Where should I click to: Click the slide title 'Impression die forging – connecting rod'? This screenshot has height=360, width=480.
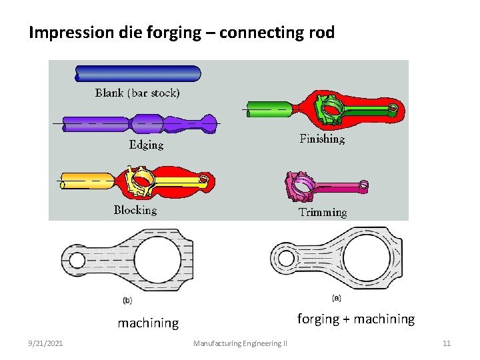[181, 32]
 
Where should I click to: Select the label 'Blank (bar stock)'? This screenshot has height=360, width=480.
[137, 93]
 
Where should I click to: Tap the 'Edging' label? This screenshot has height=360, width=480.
[146, 145]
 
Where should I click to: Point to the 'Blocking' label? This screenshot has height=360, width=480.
[135, 210]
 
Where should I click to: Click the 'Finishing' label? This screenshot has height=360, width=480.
[322, 139]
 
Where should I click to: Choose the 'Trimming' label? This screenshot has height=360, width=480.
[323, 213]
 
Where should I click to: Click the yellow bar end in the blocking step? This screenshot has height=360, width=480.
[80, 181]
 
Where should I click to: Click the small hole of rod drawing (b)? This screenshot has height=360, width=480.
[77, 259]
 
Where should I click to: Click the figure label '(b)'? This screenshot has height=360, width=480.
[128, 300]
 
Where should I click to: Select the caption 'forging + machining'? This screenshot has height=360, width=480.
[355, 319]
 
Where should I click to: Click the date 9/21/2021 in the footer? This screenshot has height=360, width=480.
[46, 343]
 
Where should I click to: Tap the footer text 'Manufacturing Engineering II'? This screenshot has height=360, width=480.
[240, 343]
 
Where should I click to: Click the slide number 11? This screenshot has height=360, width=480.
[447, 343]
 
